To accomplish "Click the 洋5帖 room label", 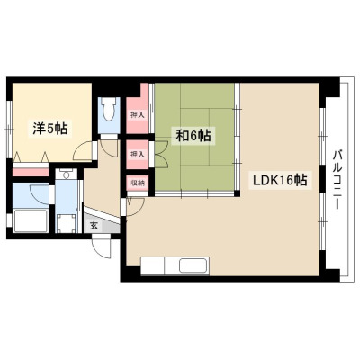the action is [50, 129].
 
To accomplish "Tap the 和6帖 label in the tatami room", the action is [193, 137].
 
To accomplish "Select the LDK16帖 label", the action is [280, 180].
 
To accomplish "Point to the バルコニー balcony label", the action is [337, 179].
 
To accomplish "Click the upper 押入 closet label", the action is [138, 114].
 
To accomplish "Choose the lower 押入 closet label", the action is [138, 155].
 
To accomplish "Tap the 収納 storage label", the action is [138, 183].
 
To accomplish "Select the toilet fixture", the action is [109, 109].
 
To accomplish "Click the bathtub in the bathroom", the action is [31, 220].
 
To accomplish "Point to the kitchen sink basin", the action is [193, 265].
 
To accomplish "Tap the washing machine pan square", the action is [67, 223].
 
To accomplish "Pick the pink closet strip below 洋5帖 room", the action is [31, 172].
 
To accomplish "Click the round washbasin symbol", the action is [67, 175].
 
